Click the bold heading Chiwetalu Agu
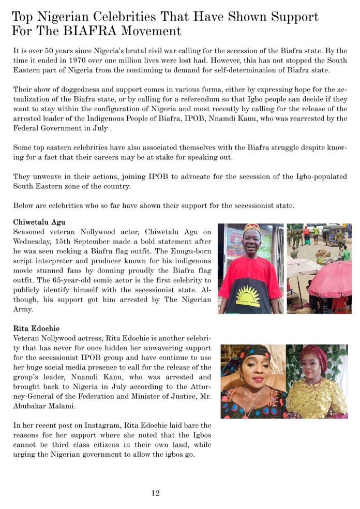click(39, 222)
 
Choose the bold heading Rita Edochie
click(36, 328)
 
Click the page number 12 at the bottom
click(155, 493)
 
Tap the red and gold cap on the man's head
click(252, 228)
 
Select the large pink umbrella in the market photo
click(331, 279)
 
